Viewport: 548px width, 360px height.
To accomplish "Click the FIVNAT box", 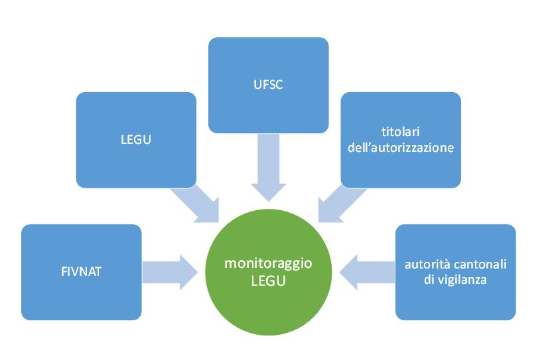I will [81, 272].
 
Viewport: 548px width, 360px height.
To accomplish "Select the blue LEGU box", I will [136, 139].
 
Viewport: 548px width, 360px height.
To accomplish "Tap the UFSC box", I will [268, 85].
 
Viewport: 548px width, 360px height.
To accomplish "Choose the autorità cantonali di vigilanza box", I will [455, 272].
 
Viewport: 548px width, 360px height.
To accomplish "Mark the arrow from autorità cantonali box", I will [368, 272].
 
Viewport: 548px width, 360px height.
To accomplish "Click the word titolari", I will [401, 132].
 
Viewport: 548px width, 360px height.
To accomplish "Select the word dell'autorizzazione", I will [401, 148].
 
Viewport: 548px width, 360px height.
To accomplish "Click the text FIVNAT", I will [81, 272].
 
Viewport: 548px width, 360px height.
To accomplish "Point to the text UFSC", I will [268, 85].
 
